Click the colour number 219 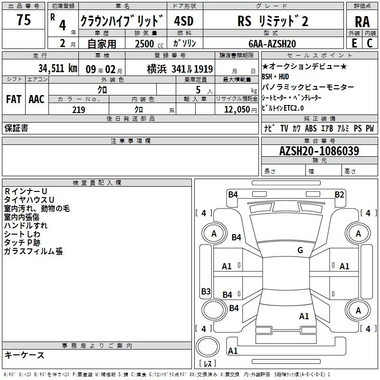78,110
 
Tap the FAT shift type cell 13,99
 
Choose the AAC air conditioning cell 37,99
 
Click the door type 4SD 183,21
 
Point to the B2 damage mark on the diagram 339,194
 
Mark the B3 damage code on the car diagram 206,291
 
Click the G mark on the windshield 300,250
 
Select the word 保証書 16,128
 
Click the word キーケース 24,355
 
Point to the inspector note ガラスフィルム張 33,251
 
